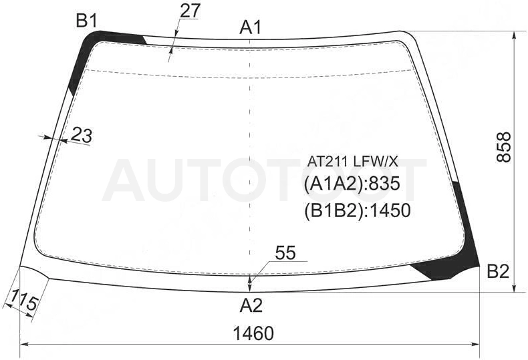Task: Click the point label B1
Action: [x=87, y=21]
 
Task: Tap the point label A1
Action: [x=251, y=27]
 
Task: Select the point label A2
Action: [x=251, y=305]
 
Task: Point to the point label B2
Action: [x=499, y=271]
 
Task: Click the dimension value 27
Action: [x=190, y=11]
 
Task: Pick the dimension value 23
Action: [x=82, y=136]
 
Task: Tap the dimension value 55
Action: [x=285, y=253]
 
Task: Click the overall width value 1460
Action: [x=253, y=333]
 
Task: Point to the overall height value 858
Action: [x=504, y=148]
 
